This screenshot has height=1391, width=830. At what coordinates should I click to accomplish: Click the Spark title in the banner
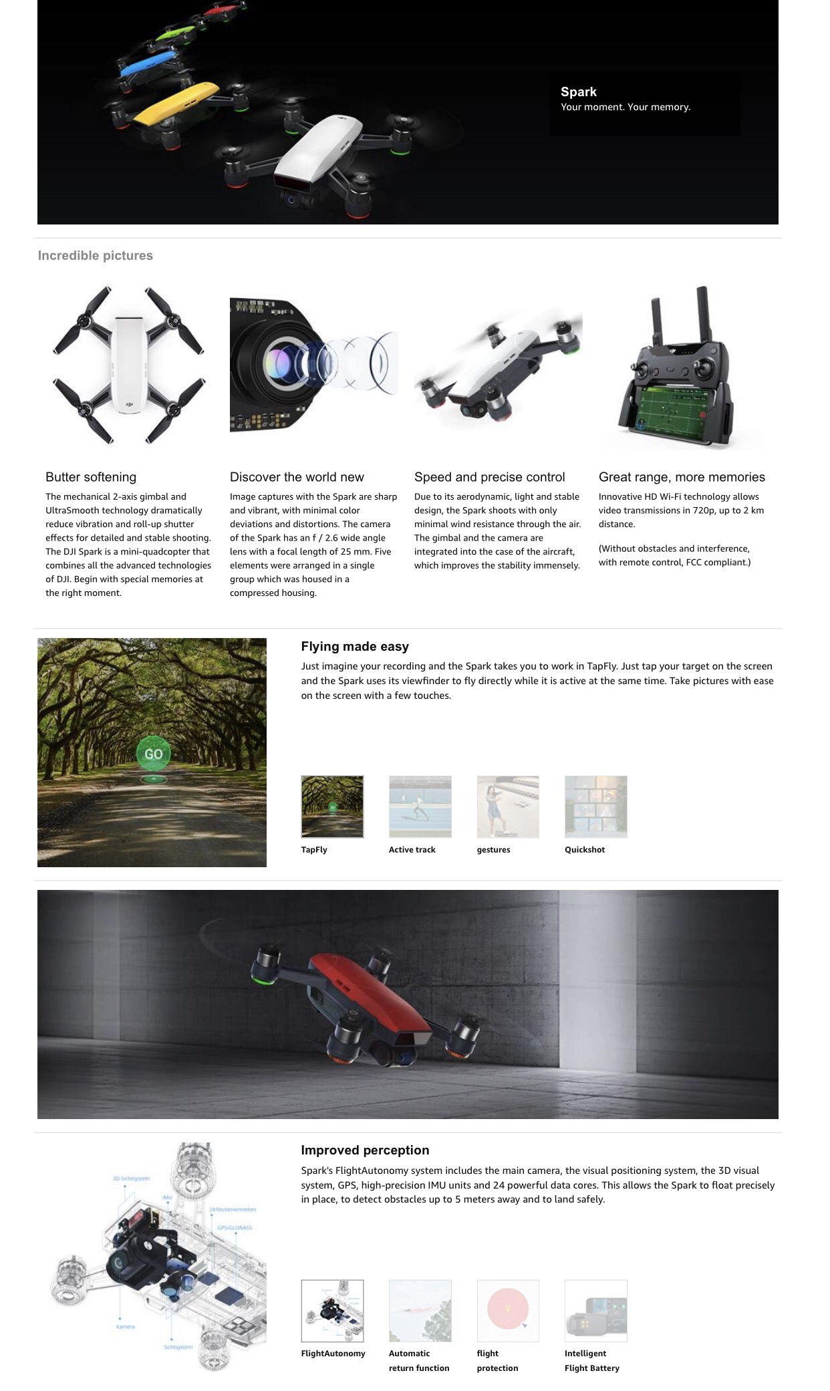579,92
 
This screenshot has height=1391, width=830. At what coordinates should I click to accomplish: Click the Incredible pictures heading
95,255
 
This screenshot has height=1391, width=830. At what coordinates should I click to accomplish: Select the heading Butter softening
91,477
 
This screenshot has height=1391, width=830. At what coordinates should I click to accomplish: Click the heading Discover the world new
297,477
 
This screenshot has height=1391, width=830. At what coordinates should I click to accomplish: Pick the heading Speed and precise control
489,477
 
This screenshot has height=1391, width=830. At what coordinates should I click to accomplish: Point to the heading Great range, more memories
682,477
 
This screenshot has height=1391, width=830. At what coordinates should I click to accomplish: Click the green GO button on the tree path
153,754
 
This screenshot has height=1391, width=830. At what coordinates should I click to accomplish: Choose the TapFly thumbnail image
332,806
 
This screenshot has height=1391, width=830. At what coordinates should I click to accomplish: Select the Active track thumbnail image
420,806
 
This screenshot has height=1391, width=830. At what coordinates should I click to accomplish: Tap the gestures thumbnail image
508,806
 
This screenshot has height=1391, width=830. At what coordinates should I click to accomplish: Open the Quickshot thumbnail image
595,806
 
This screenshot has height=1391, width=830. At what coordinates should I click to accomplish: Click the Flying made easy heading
355,646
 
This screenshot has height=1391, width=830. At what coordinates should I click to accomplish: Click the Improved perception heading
365,1150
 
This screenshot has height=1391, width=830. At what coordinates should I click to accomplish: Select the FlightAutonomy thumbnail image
332,1310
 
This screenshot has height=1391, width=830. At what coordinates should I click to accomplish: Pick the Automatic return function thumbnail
420,1310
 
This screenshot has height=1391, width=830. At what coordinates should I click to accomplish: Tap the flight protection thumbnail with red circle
508,1310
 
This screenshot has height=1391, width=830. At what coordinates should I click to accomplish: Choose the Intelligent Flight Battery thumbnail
595,1310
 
